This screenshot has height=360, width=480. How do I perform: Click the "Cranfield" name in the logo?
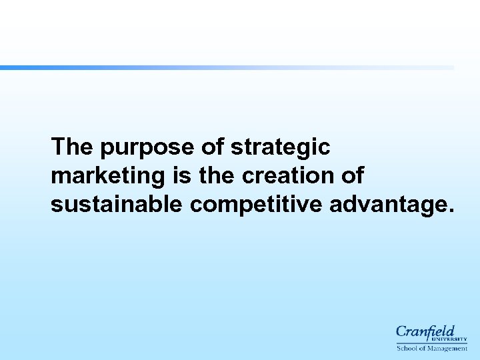click(x=425, y=331)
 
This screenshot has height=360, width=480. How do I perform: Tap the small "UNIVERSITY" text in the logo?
click(x=452, y=339)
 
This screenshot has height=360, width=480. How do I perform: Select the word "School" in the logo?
click(x=407, y=348)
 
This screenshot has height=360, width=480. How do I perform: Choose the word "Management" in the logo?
click(x=447, y=348)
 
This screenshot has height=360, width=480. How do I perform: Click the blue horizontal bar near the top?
click(x=227, y=67)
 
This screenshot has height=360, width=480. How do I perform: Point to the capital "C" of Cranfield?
click(x=401, y=331)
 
